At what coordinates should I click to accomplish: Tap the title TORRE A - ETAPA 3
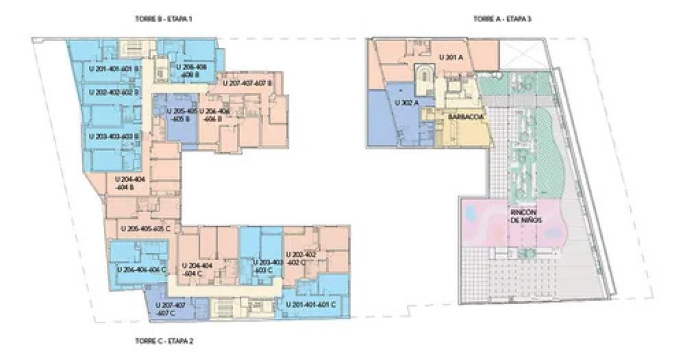click(x=503, y=19)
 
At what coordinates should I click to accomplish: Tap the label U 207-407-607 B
click(x=247, y=83)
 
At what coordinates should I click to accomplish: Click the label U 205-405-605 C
click(x=150, y=228)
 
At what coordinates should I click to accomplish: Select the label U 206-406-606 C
click(x=141, y=269)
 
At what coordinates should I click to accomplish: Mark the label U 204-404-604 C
click(x=197, y=269)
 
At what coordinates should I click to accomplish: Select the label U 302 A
click(x=407, y=102)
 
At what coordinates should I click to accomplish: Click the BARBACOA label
click(x=466, y=116)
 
